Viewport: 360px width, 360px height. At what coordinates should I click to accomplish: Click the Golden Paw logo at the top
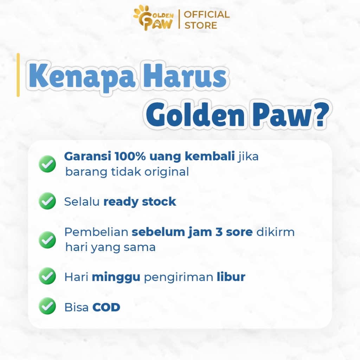pyautogui.click(x=153, y=19)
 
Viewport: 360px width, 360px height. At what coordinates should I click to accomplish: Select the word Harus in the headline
pyautogui.click(x=185, y=75)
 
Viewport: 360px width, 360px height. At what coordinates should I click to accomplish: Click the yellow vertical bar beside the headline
pyautogui.click(x=18, y=75)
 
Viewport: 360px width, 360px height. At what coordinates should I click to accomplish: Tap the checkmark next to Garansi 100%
pyautogui.click(x=47, y=164)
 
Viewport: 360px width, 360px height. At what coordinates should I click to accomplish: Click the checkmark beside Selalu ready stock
pyautogui.click(x=47, y=201)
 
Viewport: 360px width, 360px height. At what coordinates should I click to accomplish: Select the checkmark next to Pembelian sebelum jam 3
pyautogui.click(x=47, y=240)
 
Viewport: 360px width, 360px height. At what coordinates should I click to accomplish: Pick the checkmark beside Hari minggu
pyautogui.click(x=47, y=276)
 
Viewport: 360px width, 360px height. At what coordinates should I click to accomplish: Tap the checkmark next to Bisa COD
pyautogui.click(x=47, y=306)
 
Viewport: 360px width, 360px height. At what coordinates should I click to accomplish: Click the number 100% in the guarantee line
pyautogui.click(x=130, y=156)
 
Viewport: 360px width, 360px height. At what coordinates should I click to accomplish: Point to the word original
pyautogui.click(x=167, y=172)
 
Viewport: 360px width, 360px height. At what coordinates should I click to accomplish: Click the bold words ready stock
pyautogui.click(x=140, y=202)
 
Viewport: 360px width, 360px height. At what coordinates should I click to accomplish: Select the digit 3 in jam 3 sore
pyautogui.click(x=219, y=232)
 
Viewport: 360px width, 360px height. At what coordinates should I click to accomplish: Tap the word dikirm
pyautogui.click(x=275, y=232)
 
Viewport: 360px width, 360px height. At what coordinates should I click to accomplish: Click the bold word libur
pyautogui.click(x=231, y=277)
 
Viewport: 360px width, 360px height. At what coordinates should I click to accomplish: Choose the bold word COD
pyautogui.click(x=106, y=307)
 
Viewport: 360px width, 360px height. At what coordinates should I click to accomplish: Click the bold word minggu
pyautogui.click(x=116, y=277)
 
